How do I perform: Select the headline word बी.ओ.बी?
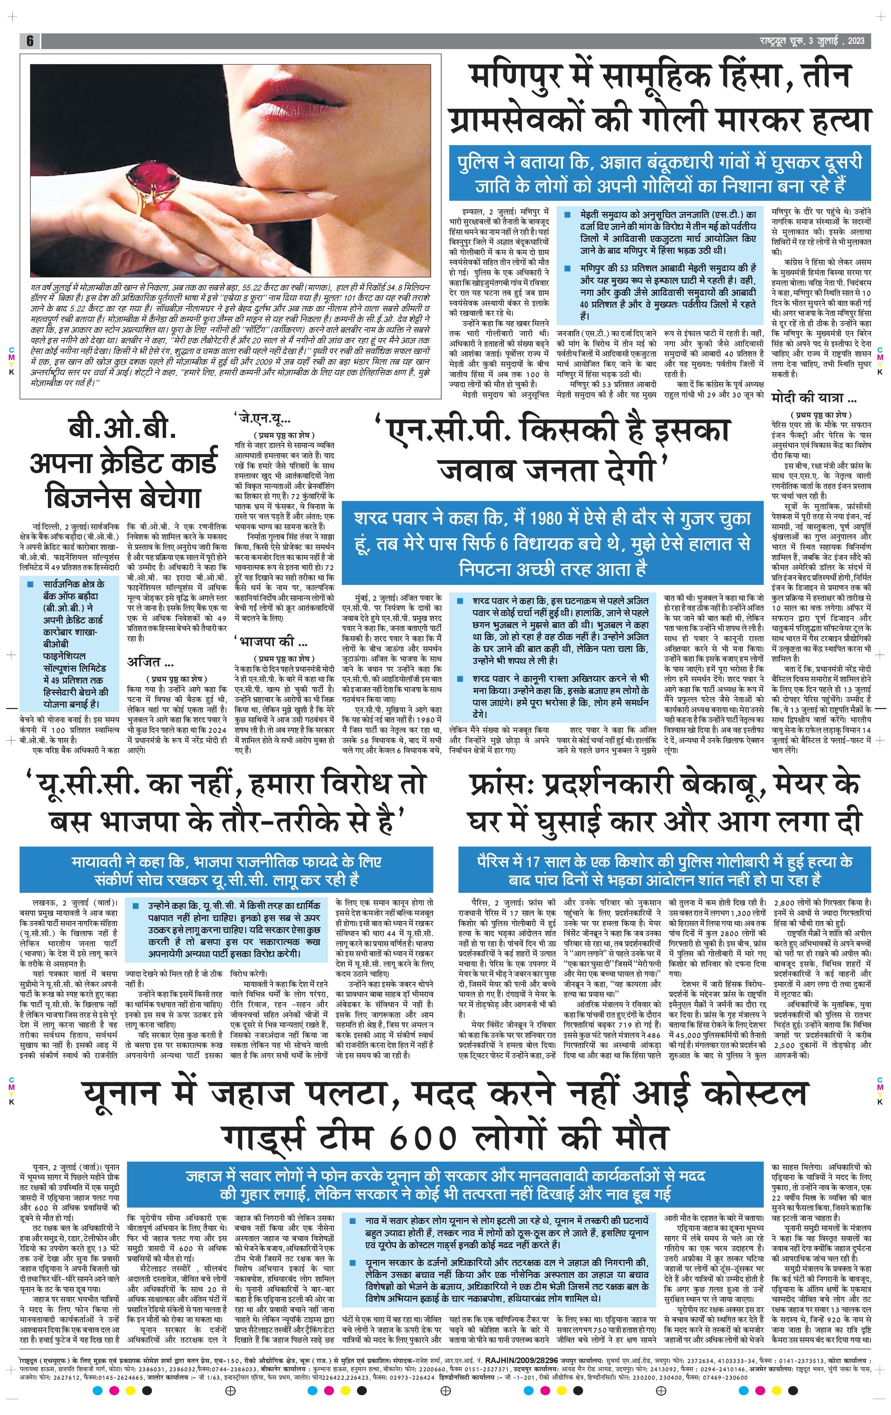[122, 430]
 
